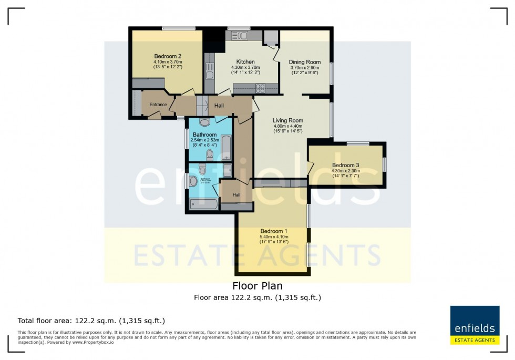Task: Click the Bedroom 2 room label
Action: point(168,57)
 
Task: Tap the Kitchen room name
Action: point(245,62)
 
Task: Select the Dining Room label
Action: point(305,62)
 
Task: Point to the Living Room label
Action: point(288,120)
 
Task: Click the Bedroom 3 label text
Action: point(345,165)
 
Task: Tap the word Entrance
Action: point(158,105)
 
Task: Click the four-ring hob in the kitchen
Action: point(259,88)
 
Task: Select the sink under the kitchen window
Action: point(240,36)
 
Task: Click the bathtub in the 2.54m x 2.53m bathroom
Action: point(226,148)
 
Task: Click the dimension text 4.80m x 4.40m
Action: point(288,126)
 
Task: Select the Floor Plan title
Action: point(257,286)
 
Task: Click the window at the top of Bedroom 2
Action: point(175,28)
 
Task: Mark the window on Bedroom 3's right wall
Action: point(384,164)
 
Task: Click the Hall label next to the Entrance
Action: point(219,106)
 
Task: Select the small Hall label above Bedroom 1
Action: point(236,195)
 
